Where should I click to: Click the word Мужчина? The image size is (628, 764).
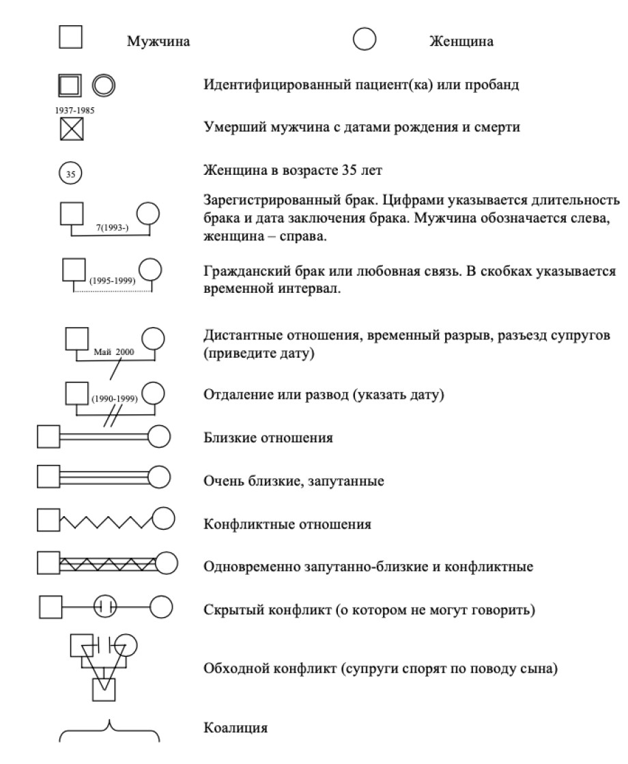click(x=158, y=42)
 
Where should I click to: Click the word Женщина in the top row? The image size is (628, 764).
click(x=461, y=42)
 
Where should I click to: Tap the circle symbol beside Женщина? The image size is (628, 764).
click(x=365, y=40)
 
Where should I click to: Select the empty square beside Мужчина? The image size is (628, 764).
click(x=70, y=38)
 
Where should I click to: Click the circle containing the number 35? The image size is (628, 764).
click(x=70, y=173)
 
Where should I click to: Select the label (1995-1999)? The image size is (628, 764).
click(x=112, y=281)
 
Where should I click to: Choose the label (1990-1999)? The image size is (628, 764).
click(x=114, y=400)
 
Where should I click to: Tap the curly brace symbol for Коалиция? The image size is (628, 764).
click(x=109, y=729)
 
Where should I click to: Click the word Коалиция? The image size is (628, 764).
click(x=235, y=728)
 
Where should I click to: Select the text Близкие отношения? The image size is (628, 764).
click(x=268, y=438)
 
